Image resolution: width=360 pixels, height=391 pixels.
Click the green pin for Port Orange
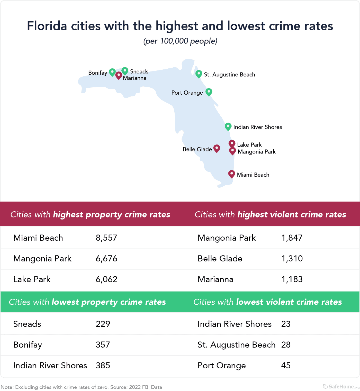[x=209, y=92]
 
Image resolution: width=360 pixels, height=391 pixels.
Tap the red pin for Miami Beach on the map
[x=231, y=174]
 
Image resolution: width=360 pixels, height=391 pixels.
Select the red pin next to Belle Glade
[x=217, y=148]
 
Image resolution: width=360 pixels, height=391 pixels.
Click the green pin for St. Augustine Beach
[x=199, y=74]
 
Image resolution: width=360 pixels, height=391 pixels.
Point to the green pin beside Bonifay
[x=112, y=72]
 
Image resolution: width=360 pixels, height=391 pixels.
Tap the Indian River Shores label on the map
[x=257, y=127]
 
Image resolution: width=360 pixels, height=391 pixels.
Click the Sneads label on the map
[x=139, y=71]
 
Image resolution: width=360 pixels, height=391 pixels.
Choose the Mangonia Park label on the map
[x=257, y=152]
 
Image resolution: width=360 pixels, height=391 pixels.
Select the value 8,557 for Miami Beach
[x=106, y=238]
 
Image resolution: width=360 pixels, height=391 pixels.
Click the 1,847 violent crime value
[x=292, y=238]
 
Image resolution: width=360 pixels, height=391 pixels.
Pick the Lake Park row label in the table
[x=32, y=279]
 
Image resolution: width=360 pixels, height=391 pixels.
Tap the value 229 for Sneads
[x=103, y=324]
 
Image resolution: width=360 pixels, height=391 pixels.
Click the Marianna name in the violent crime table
[x=215, y=279]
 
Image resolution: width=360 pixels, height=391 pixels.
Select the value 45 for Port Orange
[x=286, y=365]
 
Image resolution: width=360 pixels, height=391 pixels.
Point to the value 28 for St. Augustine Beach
[x=286, y=345]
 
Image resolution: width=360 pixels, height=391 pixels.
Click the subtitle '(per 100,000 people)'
[x=180, y=41]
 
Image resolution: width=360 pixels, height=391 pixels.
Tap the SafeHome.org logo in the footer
[x=341, y=386]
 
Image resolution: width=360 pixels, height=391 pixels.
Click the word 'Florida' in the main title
[x=47, y=26]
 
